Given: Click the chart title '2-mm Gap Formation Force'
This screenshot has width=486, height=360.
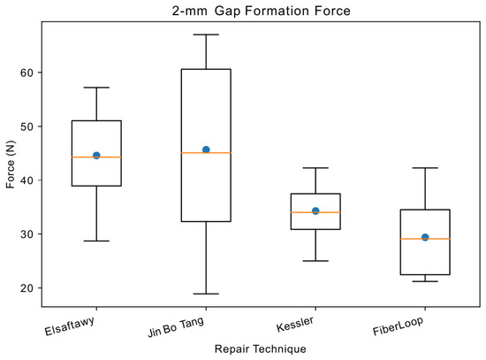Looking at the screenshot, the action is point(262,11).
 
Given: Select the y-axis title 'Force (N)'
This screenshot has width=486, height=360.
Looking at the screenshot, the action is point(11,165).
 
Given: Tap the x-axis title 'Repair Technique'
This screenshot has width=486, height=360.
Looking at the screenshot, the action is point(261,349).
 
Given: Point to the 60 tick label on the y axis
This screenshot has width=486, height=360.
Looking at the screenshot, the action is point(27,73).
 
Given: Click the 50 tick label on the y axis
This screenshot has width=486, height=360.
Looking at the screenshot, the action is point(27,126).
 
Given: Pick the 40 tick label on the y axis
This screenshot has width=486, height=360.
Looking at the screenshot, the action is point(27,180).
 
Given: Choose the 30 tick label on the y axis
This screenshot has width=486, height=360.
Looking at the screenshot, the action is point(27,234).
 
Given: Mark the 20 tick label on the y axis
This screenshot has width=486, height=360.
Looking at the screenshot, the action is point(27,288).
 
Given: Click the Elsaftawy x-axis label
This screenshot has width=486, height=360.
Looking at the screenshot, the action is point(70,326).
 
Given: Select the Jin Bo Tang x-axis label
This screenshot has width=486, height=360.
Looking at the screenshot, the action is point(176,327).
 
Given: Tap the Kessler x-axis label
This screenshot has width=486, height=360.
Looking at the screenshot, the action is point(295,324).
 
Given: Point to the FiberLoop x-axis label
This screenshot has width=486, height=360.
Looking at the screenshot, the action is point(398,326).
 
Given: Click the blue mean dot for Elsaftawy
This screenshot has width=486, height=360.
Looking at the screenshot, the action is point(96,156).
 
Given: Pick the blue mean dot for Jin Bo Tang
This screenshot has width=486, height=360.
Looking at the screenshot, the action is point(206,149).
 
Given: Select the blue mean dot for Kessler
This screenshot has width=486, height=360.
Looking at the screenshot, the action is point(315,211).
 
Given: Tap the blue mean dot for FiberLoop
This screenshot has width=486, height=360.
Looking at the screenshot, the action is point(425,237).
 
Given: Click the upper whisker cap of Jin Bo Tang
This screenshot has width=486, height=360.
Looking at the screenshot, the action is point(206,34).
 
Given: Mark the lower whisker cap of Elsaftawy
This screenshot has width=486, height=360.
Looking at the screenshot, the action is point(96,241).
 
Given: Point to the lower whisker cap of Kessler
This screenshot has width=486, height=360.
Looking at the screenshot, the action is point(315,261).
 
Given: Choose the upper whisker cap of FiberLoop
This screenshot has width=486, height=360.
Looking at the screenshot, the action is point(425,168).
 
